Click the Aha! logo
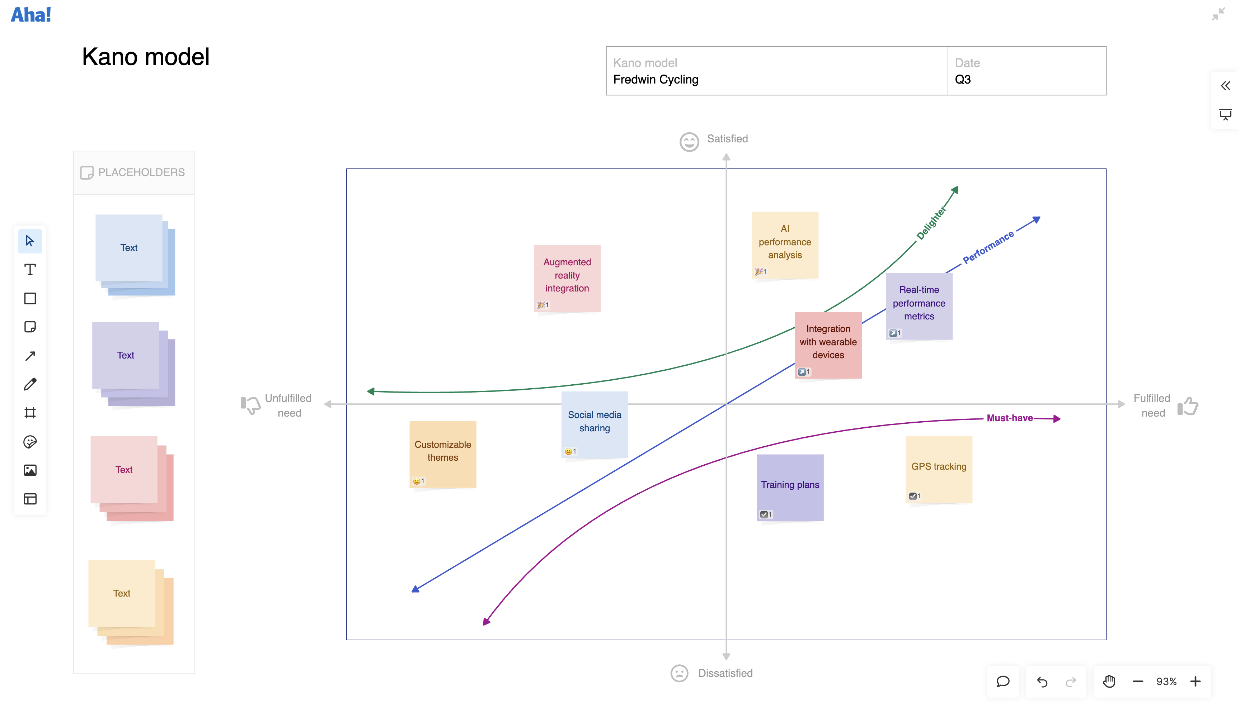pyautogui.click(x=31, y=15)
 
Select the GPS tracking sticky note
pyautogui.click(x=939, y=469)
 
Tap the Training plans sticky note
pyautogui.click(x=790, y=488)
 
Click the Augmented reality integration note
pyautogui.click(x=567, y=278)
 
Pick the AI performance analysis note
pyautogui.click(x=785, y=245)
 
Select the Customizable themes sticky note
pyautogui.click(x=443, y=454)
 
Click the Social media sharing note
pyautogui.click(x=595, y=424)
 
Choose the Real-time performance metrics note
pyautogui.click(x=919, y=306)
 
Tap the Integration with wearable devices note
pyautogui.click(x=828, y=345)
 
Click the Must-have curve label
pyautogui.click(x=1010, y=418)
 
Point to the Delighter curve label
pyautogui.click(x=931, y=223)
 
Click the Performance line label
pyautogui.click(x=988, y=247)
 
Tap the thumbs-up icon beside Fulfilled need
pyautogui.click(x=1188, y=406)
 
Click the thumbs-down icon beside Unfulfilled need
pyautogui.click(x=250, y=405)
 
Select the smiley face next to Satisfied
pyautogui.click(x=689, y=142)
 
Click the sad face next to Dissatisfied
pyautogui.click(x=679, y=673)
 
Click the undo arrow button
pyautogui.click(x=1042, y=682)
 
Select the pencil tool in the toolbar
pyautogui.click(x=30, y=384)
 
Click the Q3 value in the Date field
pyautogui.click(x=963, y=79)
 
